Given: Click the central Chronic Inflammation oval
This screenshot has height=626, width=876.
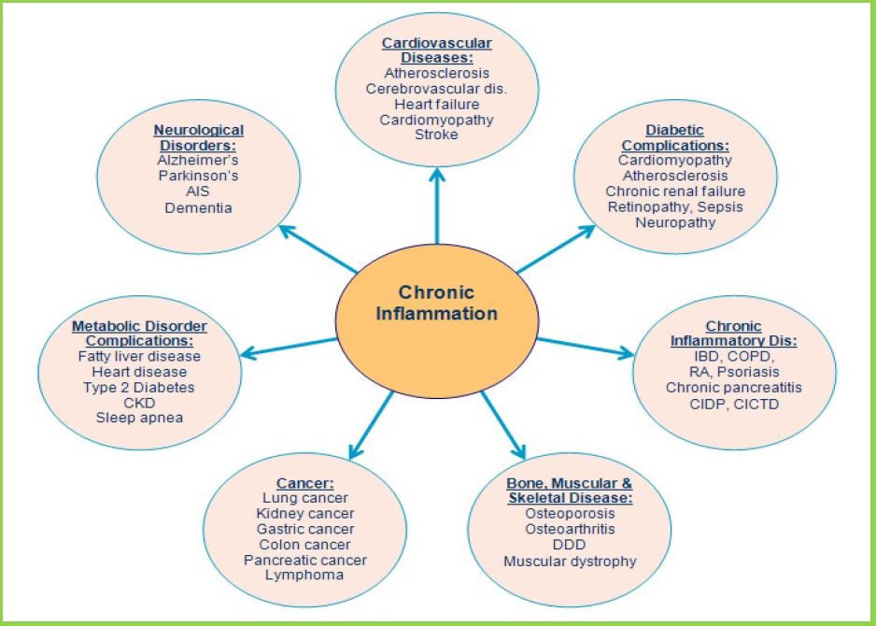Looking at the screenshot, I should tap(436, 303).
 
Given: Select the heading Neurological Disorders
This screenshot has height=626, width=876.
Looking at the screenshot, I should tap(198, 138).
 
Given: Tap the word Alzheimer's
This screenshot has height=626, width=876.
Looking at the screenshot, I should tap(198, 161).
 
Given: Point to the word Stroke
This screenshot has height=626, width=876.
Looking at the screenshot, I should tap(436, 135).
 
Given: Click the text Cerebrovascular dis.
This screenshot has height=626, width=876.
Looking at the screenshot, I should tap(436, 88).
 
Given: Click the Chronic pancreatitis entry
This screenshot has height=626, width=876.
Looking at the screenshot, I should tap(734, 387).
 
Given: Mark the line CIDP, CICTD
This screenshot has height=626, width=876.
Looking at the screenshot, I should tap(734, 404).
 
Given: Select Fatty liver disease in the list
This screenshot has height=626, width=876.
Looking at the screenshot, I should tap(139, 356).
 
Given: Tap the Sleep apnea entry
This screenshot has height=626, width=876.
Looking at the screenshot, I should tap(139, 418).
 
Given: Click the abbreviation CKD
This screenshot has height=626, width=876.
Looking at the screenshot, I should tap(139, 403).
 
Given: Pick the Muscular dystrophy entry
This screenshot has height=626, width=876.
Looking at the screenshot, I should tap(570, 561).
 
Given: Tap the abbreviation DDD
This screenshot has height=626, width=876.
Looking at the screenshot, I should tap(570, 545).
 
